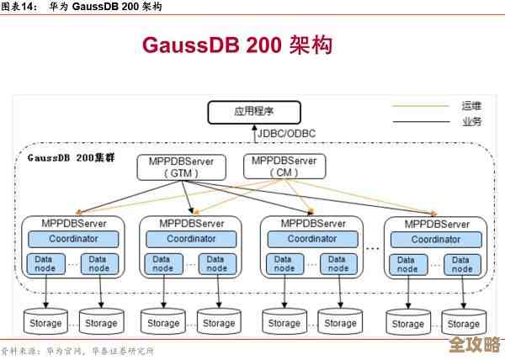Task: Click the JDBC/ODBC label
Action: [286, 133]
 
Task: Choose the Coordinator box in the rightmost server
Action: [436, 240]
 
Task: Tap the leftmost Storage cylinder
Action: [45, 323]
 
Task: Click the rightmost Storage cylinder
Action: [463, 323]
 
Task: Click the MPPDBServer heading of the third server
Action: [312, 224]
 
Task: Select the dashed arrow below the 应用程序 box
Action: [252, 133]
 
